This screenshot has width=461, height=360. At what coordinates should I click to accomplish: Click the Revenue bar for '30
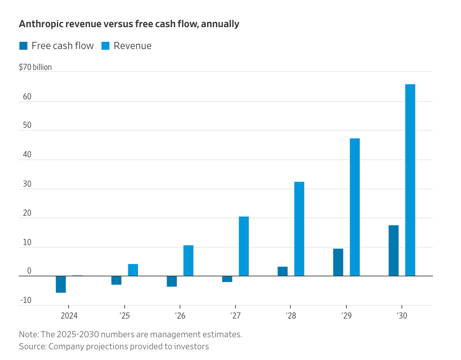point(410,180)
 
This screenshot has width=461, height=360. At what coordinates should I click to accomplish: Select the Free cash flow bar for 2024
point(61,284)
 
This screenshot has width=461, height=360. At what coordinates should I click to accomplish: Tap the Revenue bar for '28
point(299,229)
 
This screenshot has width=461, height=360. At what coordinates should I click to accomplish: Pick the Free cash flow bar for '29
point(338,262)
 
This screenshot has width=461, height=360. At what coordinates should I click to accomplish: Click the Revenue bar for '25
point(133,270)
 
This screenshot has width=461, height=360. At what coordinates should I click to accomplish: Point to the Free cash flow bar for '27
point(227,279)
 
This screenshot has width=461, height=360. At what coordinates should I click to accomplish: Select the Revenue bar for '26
point(188,261)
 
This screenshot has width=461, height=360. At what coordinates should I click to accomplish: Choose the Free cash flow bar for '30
point(393,250)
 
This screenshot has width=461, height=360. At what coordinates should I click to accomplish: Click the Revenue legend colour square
point(106,46)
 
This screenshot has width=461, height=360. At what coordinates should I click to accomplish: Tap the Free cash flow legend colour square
point(23,46)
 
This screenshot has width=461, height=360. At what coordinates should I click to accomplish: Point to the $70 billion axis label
point(35,67)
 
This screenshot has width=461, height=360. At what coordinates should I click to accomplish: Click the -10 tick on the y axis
point(26,300)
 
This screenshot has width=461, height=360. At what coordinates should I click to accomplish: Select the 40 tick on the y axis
point(27,155)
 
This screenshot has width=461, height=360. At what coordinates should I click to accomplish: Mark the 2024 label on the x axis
point(69,316)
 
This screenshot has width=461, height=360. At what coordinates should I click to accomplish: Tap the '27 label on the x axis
point(235,316)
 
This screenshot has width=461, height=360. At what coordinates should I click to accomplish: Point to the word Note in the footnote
point(28,334)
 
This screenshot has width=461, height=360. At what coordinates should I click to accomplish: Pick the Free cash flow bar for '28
point(282,271)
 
